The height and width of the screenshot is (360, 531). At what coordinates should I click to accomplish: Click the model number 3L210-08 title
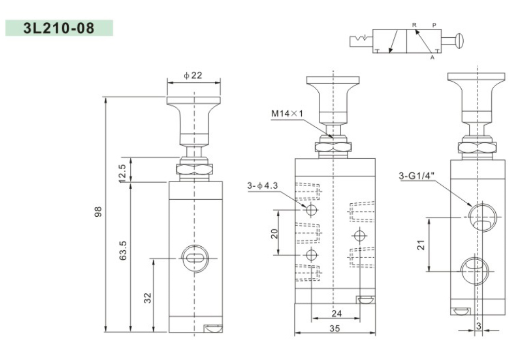58,28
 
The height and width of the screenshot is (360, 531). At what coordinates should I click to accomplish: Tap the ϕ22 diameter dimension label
193,75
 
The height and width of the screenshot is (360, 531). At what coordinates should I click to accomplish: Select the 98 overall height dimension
98,212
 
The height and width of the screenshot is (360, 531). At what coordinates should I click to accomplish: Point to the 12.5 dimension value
122,173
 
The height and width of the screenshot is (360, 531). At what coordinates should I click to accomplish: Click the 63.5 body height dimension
123,250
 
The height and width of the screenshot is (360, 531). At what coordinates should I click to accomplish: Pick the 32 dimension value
148,298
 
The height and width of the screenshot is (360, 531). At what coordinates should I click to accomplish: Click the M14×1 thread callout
287,113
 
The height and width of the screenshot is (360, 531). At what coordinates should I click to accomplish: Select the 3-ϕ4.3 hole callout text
262,185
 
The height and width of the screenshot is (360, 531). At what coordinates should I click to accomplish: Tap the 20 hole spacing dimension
274,234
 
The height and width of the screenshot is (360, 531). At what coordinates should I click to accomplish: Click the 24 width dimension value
336,313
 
